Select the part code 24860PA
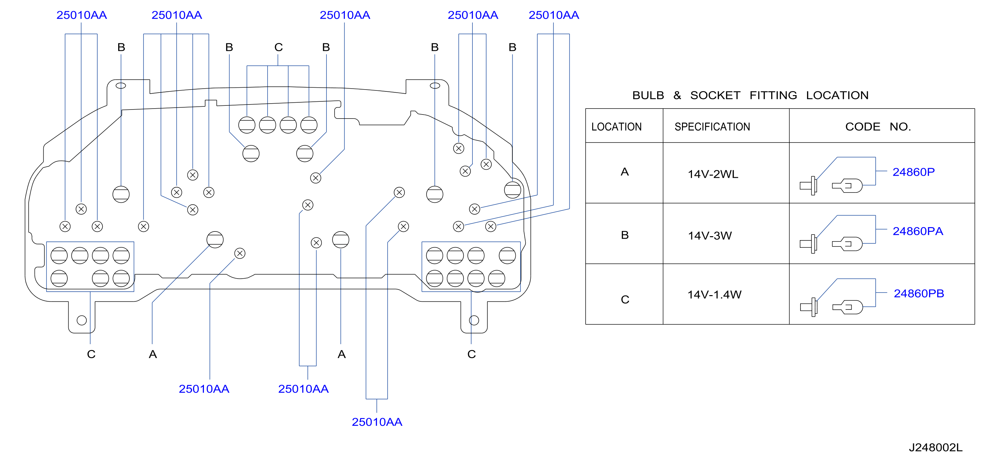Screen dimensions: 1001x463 click(x=917, y=231)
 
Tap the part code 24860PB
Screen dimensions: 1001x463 click(x=919, y=294)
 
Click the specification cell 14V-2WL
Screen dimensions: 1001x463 click(x=713, y=174)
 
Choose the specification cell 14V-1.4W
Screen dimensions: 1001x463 click(x=714, y=295)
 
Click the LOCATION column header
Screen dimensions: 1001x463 click(x=616, y=127)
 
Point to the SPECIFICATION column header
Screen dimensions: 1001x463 click(x=712, y=127)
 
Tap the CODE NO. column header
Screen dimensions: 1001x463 click(x=878, y=127)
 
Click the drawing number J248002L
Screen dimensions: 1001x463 click(x=935, y=447)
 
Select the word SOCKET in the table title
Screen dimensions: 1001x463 click(x=715, y=95)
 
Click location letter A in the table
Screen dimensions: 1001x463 click(x=625, y=172)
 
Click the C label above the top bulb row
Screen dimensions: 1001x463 click(x=278, y=47)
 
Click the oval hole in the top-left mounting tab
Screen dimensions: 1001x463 click(x=121, y=85)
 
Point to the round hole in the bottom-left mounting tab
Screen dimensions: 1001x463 click(x=82, y=320)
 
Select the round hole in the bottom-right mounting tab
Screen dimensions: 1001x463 click(x=474, y=320)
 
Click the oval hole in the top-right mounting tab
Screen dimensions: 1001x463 click(x=435, y=85)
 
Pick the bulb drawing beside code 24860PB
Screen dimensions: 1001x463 click(x=847, y=307)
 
